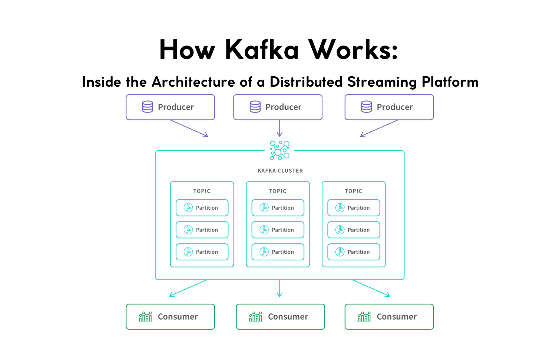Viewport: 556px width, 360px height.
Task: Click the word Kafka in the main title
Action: click(262, 50)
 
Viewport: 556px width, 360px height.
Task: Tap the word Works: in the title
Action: click(353, 50)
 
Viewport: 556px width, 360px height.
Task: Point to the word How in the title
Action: click(187, 50)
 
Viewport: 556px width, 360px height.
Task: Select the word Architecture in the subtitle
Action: click(193, 82)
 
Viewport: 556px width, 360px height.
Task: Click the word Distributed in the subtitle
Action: click(306, 82)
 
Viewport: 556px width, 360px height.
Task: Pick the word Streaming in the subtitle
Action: click(382, 82)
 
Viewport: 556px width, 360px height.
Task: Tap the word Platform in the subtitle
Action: click(450, 82)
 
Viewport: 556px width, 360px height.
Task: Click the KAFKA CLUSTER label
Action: click(280, 171)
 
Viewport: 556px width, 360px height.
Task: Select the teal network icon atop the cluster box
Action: click(279, 150)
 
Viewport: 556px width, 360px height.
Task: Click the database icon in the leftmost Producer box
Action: click(148, 107)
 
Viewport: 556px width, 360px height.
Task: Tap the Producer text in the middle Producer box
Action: click(283, 107)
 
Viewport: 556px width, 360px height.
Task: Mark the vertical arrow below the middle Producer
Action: click(279, 128)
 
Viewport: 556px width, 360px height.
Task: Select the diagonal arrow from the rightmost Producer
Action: click(379, 129)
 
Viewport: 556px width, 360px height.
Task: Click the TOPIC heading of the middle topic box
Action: click(278, 191)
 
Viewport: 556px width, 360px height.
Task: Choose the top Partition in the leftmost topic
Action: click(202, 208)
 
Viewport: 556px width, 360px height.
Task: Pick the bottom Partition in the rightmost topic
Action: click(354, 252)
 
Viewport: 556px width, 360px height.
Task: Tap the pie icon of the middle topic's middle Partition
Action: click(264, 230)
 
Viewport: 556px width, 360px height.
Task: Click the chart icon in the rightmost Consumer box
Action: click(364, 317)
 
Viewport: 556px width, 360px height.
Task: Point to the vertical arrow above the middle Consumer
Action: click(279, 288)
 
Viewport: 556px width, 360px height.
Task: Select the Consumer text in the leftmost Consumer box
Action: click(178, 317)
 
